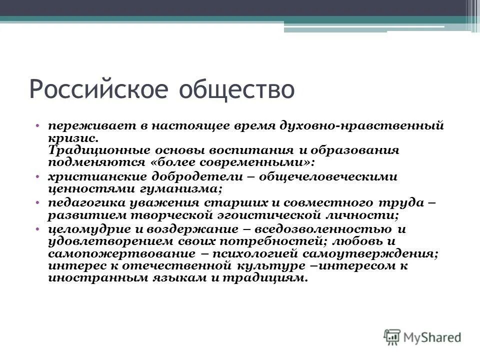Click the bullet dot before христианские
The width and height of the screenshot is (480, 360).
pos(38,177)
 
